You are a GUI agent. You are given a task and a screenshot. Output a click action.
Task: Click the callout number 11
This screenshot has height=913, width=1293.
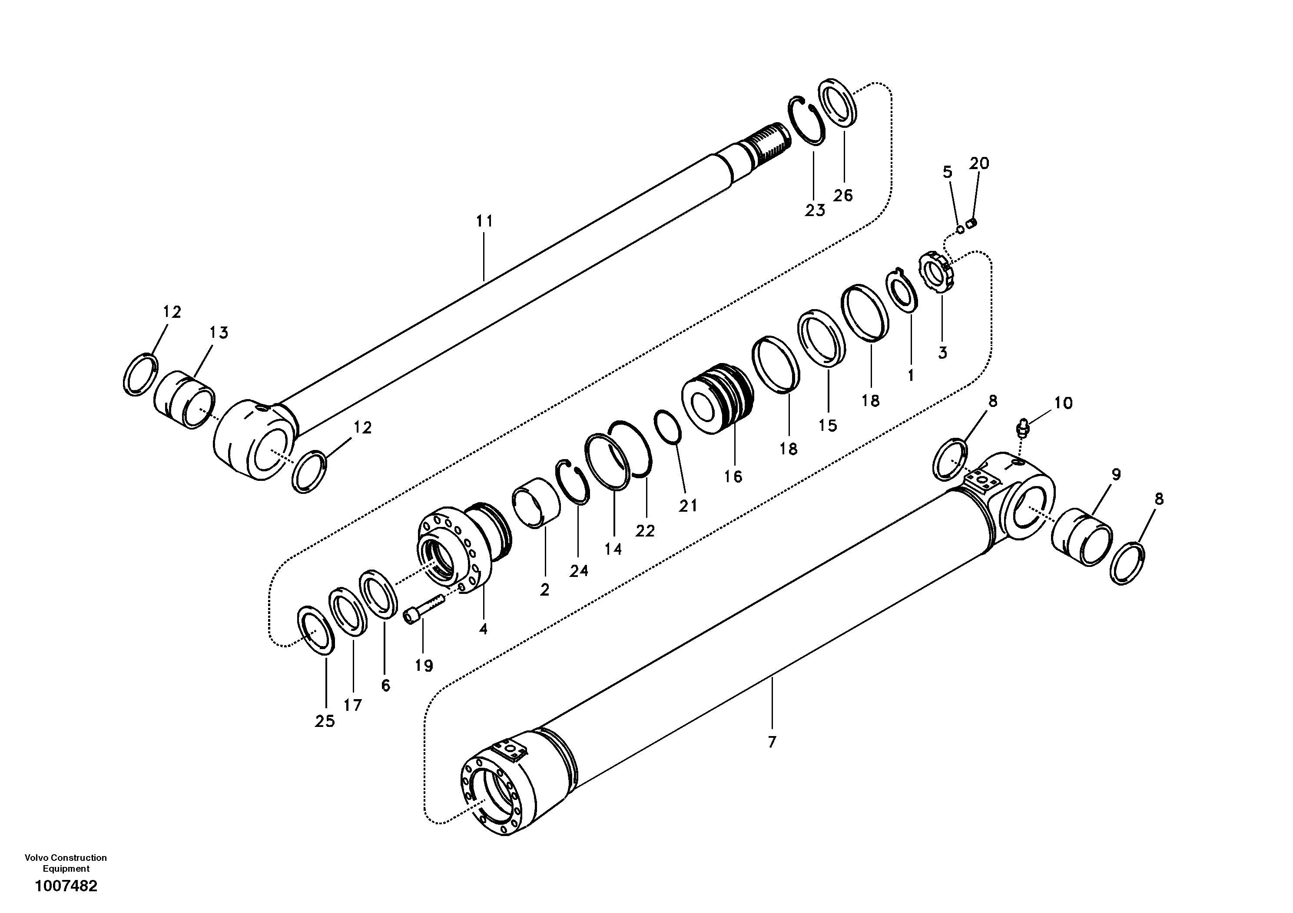point(484,221)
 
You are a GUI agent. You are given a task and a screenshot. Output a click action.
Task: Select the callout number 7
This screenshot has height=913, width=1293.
point(772,742)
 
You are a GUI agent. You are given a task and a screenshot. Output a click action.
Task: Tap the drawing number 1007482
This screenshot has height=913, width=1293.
point(66,886)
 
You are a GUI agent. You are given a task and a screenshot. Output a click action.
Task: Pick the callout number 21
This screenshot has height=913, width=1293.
point(688,506)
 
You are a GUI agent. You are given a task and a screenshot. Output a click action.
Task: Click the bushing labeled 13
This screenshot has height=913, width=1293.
point(184,400)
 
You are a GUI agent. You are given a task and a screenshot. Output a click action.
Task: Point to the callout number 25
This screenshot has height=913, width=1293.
point(325,721)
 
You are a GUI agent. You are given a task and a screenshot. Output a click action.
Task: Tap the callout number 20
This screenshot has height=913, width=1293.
point(979,163)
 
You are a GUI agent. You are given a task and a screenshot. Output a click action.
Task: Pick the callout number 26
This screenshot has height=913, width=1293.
point(843,195)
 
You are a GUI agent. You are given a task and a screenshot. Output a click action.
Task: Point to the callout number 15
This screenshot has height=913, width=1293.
point(828,425)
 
